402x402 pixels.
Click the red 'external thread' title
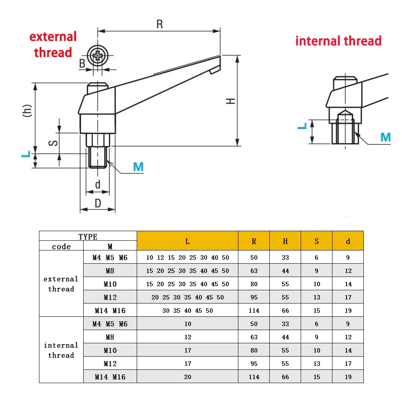53,45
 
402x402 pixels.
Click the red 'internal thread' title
338,41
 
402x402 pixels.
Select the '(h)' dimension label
27,111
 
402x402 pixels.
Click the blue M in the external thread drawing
138,167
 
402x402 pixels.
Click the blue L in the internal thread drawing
302,126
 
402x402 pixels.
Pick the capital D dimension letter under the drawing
98,203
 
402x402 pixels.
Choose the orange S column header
317,241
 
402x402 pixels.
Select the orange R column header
254,241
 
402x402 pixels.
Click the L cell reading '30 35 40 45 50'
188,310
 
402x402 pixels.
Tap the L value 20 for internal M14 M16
188,377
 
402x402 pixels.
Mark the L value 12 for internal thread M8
188,337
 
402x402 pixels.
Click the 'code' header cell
61,246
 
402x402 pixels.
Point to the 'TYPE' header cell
88,236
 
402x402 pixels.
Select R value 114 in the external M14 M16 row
254,310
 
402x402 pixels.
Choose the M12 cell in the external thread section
110,297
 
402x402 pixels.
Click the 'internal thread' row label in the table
61,350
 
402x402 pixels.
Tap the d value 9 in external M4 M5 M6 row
348,258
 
